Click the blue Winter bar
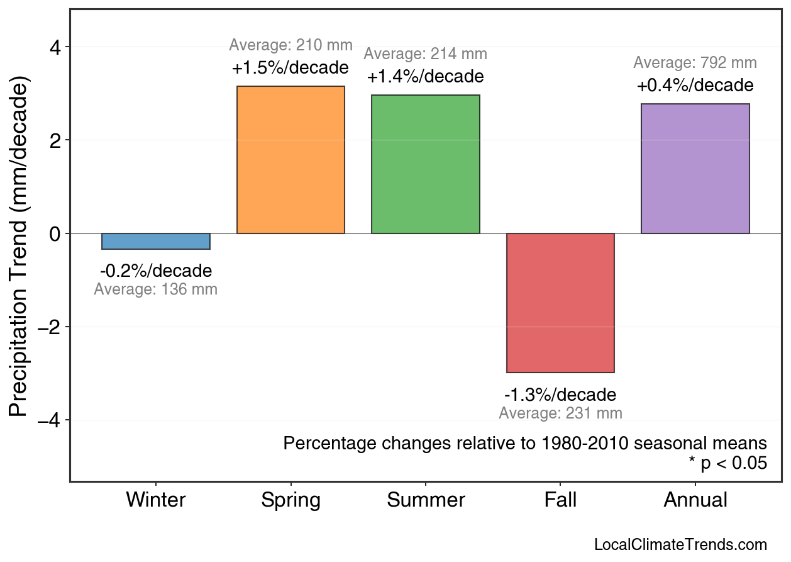point(156,241)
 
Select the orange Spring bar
point(290,160)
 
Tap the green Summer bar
point(426,164)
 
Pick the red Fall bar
point(560,303)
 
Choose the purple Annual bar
point(695,169)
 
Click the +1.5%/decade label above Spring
point(290,67)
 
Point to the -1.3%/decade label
point(560,395)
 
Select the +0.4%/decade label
point(695,85)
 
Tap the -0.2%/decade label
point(156,271)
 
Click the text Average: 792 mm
point(695,63)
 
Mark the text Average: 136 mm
point(156,290)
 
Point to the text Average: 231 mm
point(560,413)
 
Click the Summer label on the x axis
point(426,500)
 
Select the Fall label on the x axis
point(560,500)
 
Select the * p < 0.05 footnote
point(727,464)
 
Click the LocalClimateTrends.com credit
point(680,545)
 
